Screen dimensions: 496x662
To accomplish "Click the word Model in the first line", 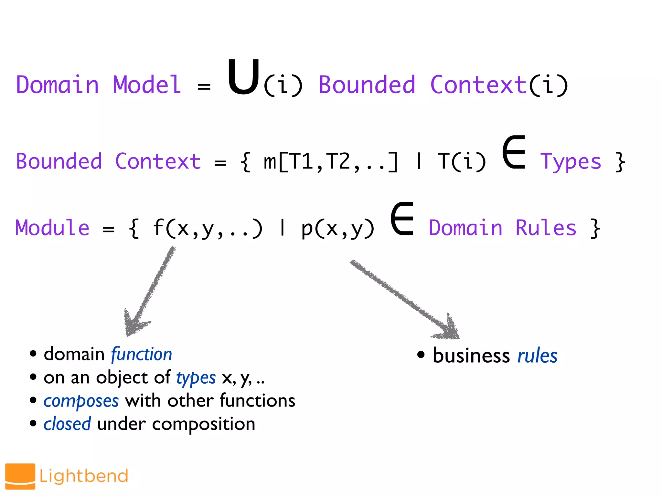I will [x=147, y=85].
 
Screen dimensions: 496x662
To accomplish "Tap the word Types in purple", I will [x=571, y=162].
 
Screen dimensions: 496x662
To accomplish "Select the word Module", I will [x=52, y=228].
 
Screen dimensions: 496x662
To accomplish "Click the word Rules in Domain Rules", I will [x=546, y=228].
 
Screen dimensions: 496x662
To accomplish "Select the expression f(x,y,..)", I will [x=207, y=228].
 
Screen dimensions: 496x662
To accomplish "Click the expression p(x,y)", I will [x=337, y=228].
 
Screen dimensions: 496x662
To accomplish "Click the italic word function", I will [x=142, y=354].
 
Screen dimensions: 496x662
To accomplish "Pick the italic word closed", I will [x=67, y=424].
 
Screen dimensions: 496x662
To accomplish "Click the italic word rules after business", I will [x=537, y=356].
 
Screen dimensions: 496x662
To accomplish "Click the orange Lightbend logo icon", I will [x=20, y=476].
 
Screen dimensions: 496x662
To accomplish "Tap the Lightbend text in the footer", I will [x=84, y=476].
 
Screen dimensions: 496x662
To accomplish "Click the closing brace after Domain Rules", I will [x=595, y=228].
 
